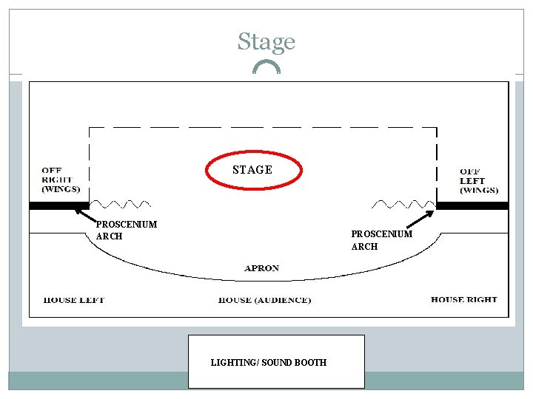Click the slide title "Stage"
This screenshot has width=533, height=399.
266,42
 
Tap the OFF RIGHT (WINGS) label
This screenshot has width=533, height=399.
61,180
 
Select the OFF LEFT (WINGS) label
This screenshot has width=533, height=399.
478,180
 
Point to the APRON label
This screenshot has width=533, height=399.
262,267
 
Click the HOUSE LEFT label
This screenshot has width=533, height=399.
74,300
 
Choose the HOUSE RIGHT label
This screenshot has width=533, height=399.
463,299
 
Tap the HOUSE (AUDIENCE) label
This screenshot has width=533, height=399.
265,300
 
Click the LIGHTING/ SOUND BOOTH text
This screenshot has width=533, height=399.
268,362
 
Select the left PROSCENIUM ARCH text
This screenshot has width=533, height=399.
126,230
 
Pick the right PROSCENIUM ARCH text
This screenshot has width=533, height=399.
381,240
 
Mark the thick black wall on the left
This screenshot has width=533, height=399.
58,205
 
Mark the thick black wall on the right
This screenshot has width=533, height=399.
472,205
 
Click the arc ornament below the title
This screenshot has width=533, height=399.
266,66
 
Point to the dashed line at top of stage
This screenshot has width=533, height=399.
263,127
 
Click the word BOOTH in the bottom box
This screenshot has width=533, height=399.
310,362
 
